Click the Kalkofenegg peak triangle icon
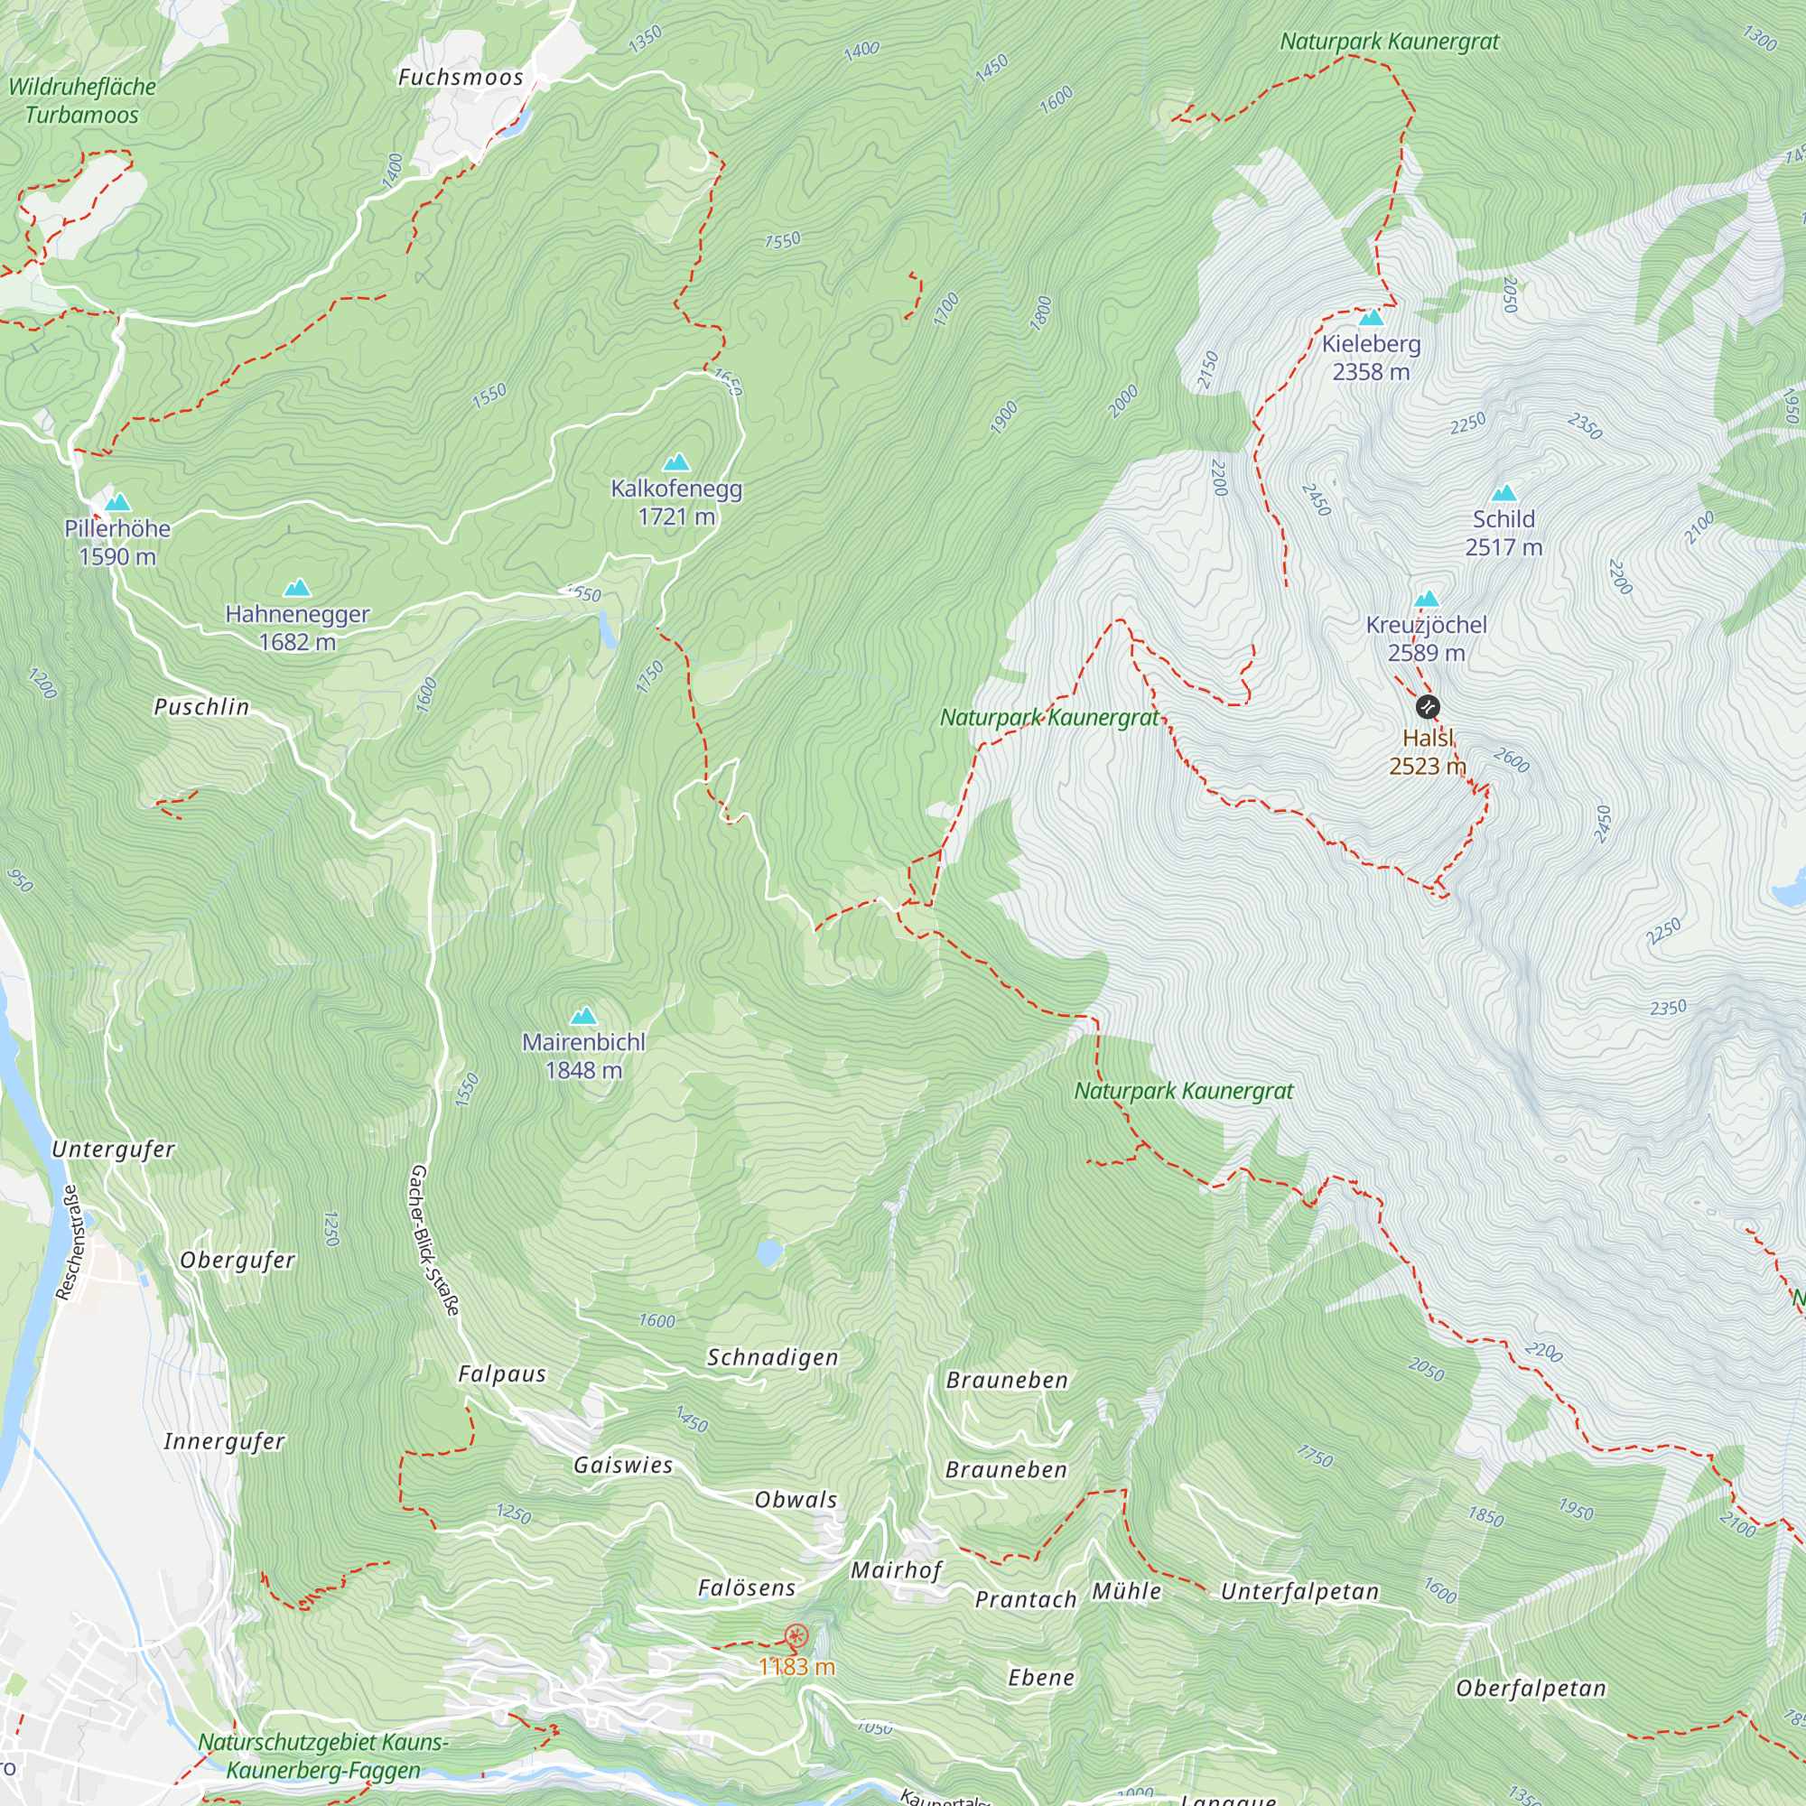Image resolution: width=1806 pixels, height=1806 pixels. click(x=675, y=462)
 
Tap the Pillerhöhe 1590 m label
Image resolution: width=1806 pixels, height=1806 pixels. click(x=116, y=542)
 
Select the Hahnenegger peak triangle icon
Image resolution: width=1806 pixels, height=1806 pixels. click(x=297, y=588)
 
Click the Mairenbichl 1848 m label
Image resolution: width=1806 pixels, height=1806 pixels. click(x=583, y=1056)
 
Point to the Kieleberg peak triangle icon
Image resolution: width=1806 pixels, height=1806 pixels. click(x=1371, y=317)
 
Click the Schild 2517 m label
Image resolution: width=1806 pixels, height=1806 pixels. click(x=1503, y=533)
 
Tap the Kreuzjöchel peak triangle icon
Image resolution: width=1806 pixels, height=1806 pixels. click(x=1427, y=600)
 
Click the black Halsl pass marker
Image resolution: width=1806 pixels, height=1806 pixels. click(x=1427, y=706)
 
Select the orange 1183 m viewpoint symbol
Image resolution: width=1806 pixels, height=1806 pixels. click(x=796, y=1636)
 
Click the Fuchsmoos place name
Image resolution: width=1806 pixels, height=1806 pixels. click(x=461, y=78)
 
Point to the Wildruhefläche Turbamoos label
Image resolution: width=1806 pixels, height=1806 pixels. click(x=81, y=101)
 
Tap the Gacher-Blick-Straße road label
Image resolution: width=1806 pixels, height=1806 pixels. click(x=435, y=1241)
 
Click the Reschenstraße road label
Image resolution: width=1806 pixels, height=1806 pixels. click(x=68, y=1243)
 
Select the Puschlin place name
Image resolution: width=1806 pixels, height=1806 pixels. click(x=202, y=707)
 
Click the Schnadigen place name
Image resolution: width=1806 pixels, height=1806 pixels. click(x=772, y=1357)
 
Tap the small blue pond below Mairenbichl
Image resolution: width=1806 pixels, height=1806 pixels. click(x=769, y=1253)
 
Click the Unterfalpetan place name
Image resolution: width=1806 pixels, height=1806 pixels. click(x=1299, y=1592)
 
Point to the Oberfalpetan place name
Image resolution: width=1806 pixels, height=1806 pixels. click(x=1531, y=1689)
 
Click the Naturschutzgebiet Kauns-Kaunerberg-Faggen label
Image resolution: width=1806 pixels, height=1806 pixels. click(x=323, y=1756)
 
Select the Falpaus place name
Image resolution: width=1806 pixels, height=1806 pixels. click(x=502, y=1374)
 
